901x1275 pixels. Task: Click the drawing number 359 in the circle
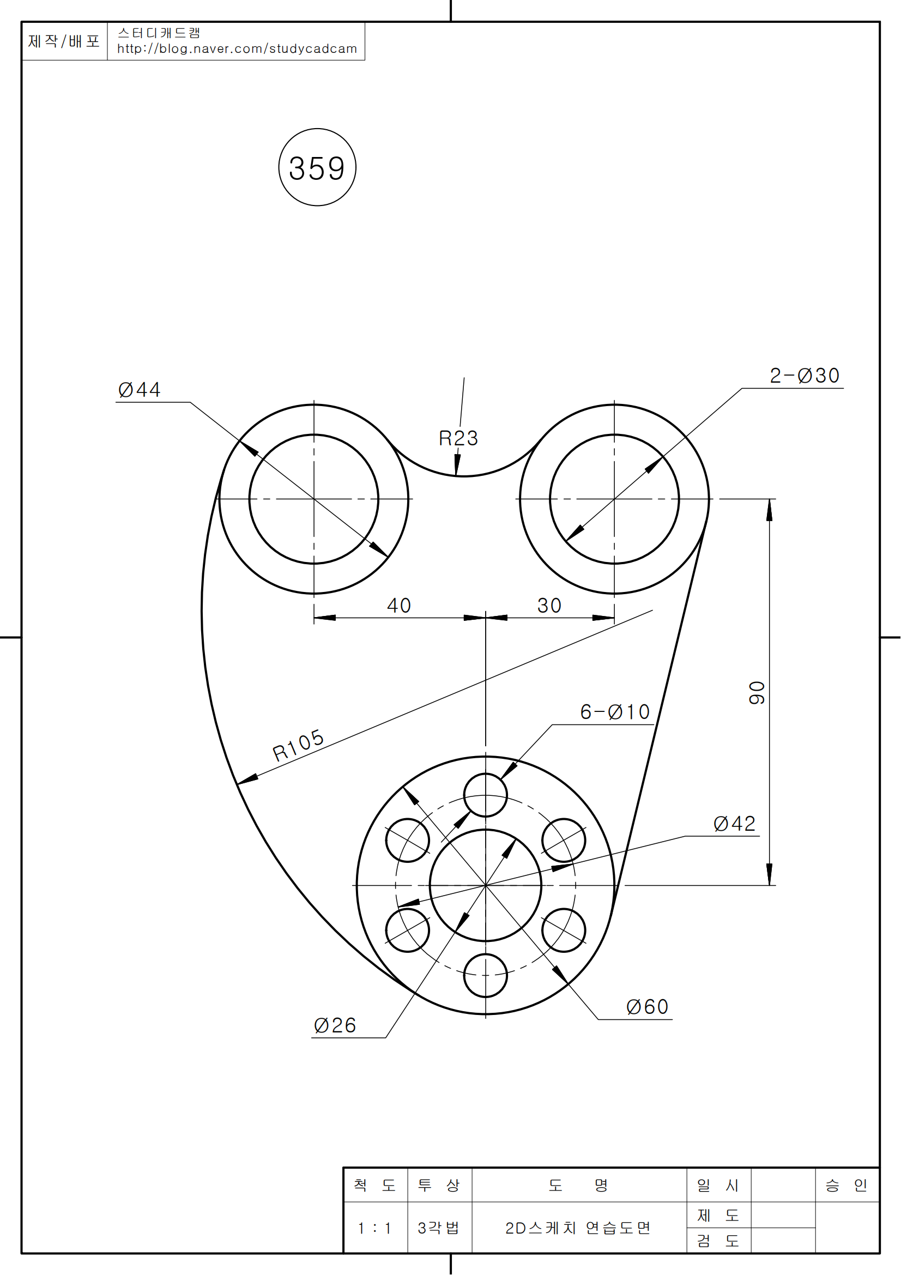pos(317,168)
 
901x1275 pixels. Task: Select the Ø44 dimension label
pos(140,390)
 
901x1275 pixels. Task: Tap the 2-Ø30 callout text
pos(805,376)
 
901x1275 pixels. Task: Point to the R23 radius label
pos(458,438)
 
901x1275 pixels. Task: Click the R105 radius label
pos(299,745)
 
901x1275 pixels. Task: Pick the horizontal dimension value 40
pos(398,605)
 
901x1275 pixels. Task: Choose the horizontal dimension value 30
pos(549,605)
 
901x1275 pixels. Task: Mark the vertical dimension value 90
pos(757,693)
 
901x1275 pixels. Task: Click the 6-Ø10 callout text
pos(614,712)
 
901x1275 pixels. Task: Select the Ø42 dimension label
pos(734,824)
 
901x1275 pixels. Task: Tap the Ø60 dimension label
pos(648,1007)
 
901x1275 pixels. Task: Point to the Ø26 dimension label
pos(335,1025)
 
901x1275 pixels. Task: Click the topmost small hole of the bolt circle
pos(485,795)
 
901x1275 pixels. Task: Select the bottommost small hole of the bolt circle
pos(485,976)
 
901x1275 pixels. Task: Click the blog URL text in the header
pos(237,49)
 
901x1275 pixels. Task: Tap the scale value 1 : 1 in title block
pos(374,1228)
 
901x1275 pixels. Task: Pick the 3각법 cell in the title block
pos(439,1228)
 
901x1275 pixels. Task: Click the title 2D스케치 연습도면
pos(578,1228)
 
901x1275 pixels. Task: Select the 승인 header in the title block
pos(846,1185)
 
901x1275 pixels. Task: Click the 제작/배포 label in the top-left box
pos(64,41)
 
